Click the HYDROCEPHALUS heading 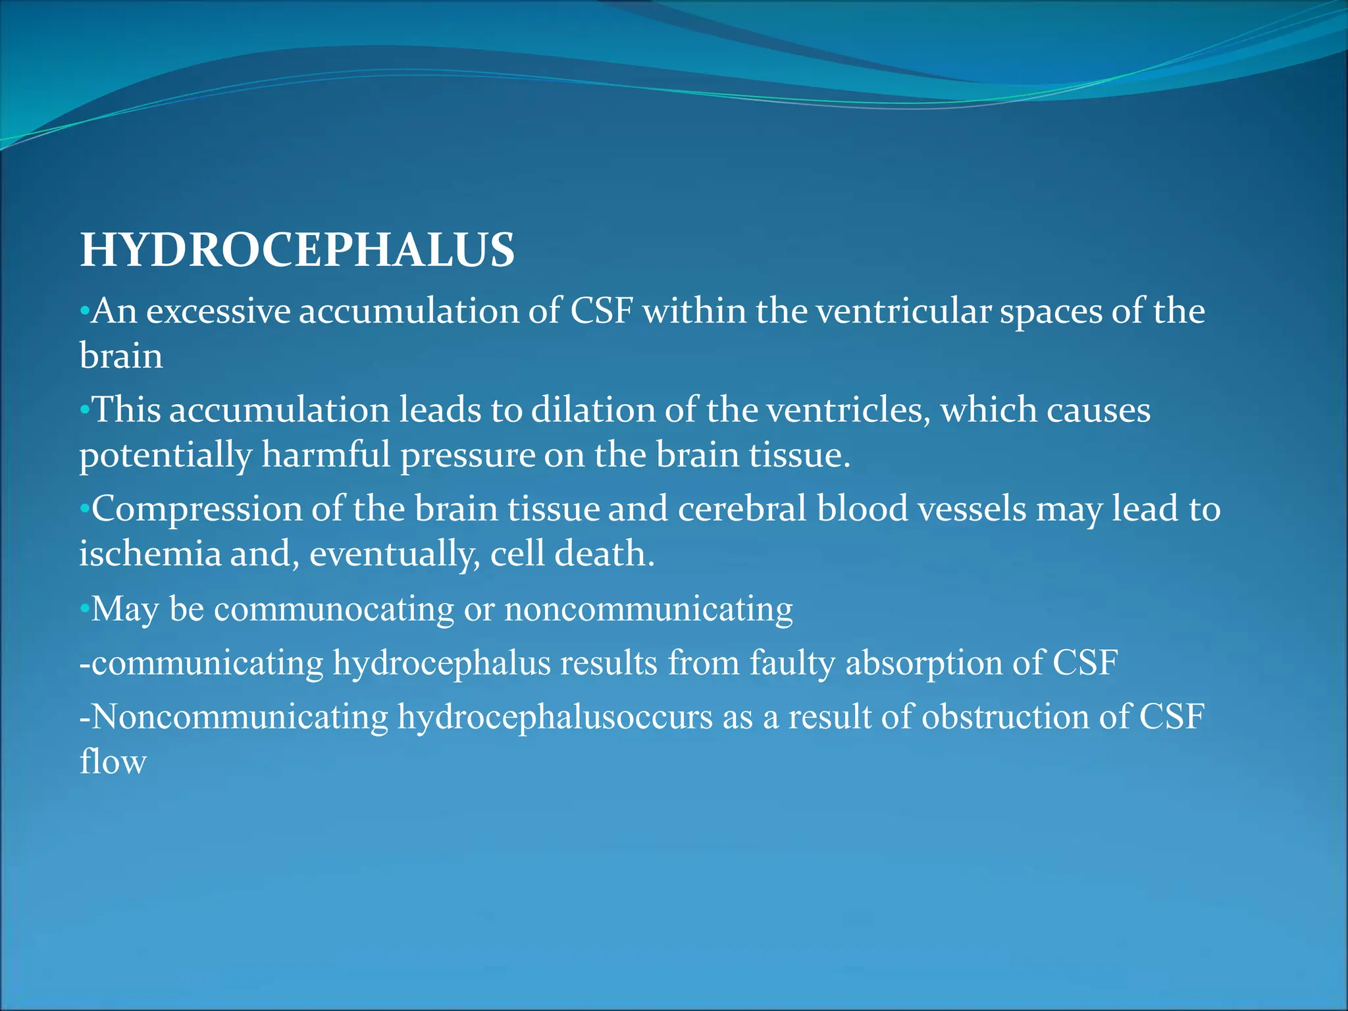coord(297,250)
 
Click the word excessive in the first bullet coord(218,311)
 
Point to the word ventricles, coord(848,410)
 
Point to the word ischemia coord(150,554)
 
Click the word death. coord(604,554)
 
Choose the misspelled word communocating coord(334,609)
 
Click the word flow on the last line coord(113,762)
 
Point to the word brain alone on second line coord(121,356)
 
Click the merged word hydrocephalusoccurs coord(555,717)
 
